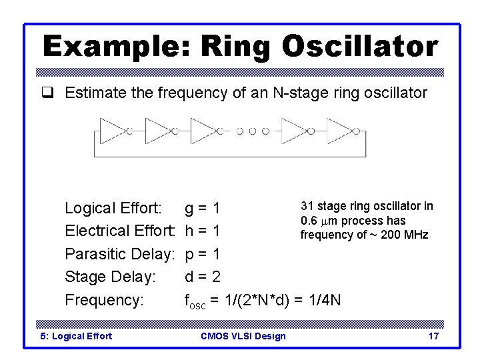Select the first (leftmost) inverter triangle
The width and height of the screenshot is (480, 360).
pos(112,131)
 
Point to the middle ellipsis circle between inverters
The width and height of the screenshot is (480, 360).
pos(253,131)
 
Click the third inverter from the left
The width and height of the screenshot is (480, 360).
pos(203,131)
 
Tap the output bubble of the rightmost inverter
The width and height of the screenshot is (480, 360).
pos(356,131)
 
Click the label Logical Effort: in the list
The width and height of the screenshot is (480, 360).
pos(113,209)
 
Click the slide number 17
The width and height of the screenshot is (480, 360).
pos(433,336)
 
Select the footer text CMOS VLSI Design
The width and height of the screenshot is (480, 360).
pos(243,336)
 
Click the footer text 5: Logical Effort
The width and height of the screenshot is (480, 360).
pos(76,336)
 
